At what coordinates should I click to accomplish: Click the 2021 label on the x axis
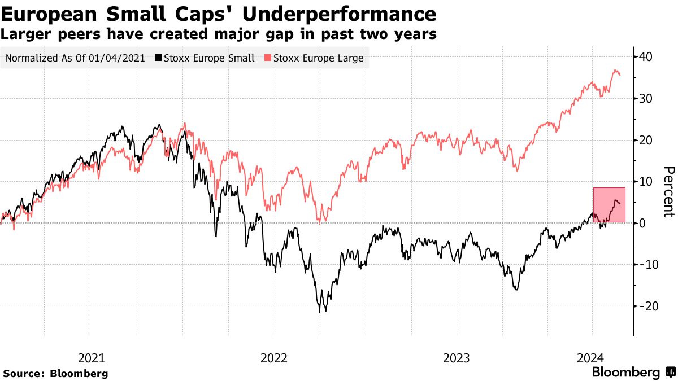tap(91, 357)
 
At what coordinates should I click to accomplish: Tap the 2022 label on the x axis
tap(273, 357)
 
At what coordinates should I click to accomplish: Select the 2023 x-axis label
tap(456, 357)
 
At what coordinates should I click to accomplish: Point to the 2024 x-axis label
tap(592, 357)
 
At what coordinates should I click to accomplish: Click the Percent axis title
tap(668, 192)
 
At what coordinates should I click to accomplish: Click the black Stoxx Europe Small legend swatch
tap(159, 58)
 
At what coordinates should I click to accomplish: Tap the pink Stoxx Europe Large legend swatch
tap(269, 58)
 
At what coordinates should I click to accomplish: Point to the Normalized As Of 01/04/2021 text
tap(75, 58)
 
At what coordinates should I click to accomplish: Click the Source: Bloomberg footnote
tap(55, 373)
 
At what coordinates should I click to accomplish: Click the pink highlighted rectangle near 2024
tap(609, 204)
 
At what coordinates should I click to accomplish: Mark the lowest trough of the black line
tap(320, 312)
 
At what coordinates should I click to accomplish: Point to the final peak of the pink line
tap(615, 70)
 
